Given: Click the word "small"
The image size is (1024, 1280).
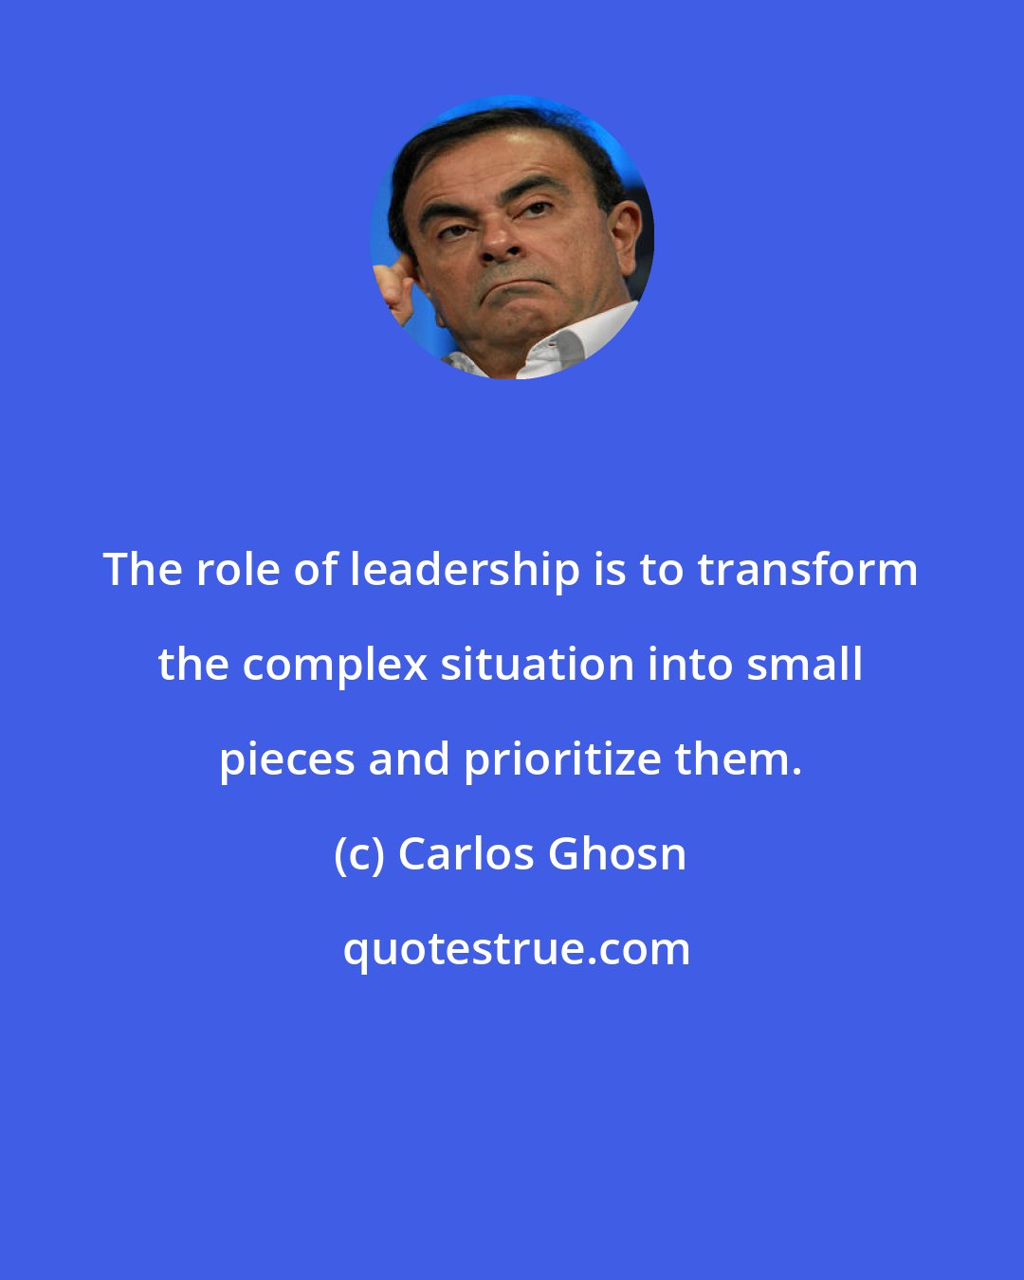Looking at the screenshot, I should [x=805, y=665].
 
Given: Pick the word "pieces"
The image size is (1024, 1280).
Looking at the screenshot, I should [x=285, y=760].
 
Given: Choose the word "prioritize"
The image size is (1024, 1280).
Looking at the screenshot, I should [x=563, y=760].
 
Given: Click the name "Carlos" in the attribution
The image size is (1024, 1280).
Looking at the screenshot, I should [x=466, y=854].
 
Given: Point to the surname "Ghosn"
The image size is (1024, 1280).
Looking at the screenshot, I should [x=617, y=854].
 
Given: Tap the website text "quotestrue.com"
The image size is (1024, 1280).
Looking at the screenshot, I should [x=517, y=949].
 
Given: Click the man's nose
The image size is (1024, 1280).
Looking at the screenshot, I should [x=503, y=243].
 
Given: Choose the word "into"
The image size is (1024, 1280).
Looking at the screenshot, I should [x=690, y=665].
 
